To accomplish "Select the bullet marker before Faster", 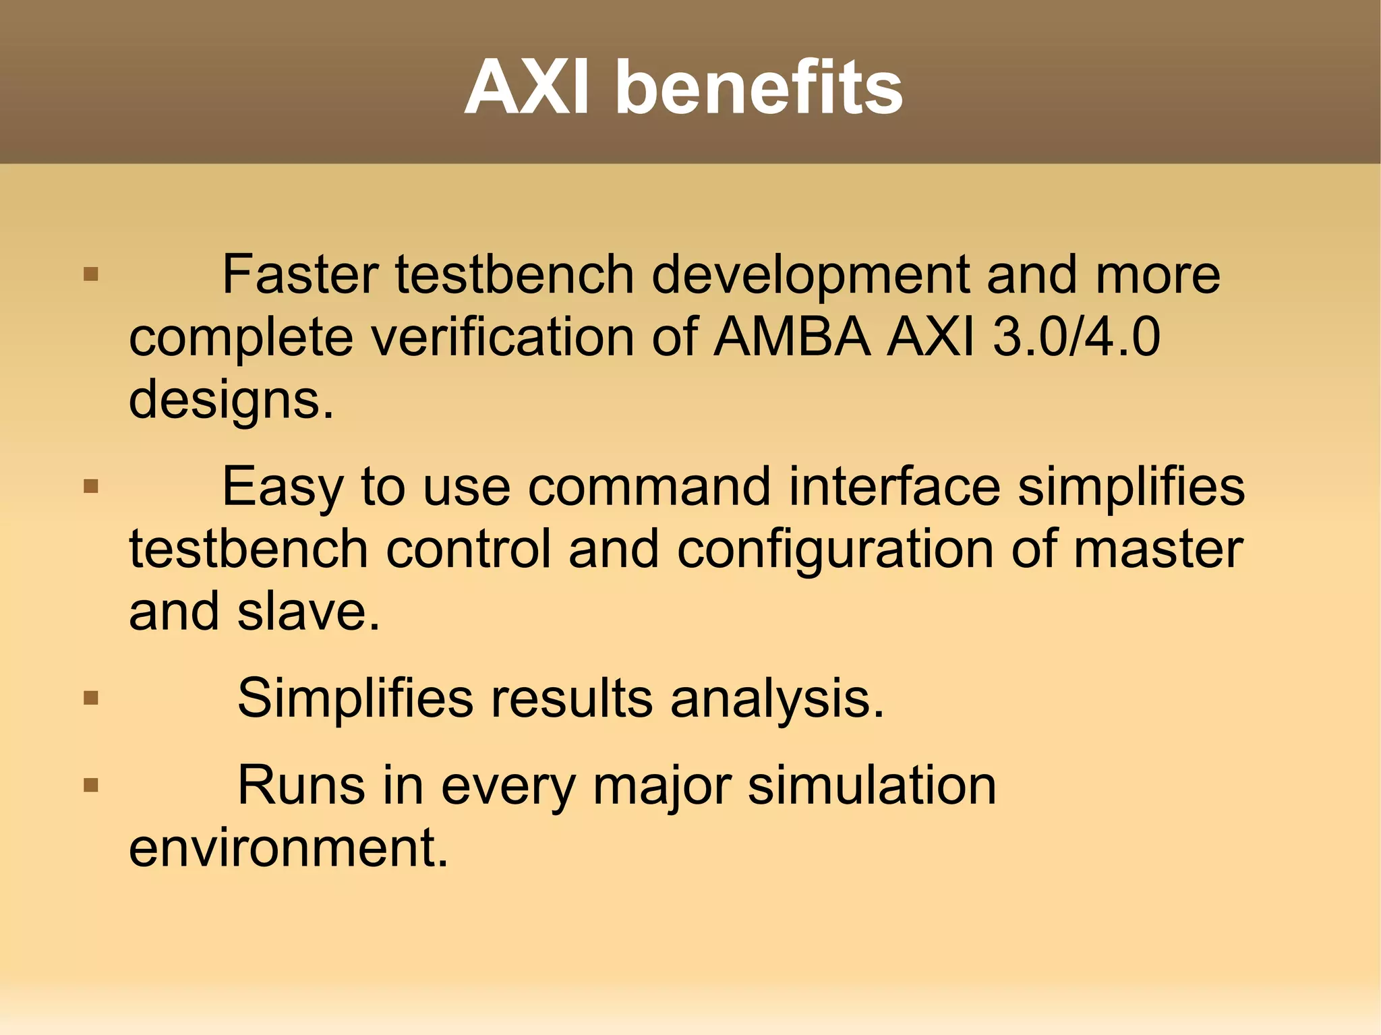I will pos(91,274).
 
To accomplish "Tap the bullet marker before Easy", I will pos(91,486).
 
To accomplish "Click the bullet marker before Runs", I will pos(91,785).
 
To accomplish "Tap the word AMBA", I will pos(793,336).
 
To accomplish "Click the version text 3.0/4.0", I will pos(1077,336).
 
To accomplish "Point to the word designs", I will pos(231,400).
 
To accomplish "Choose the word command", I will pos(649,487).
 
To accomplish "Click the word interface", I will pos(894,487).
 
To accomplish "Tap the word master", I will pos(1158,549).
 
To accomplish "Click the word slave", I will pos(307,612).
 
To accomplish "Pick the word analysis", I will pos(776,699).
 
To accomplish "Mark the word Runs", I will pos(301,786).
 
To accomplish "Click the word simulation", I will pos(872,786).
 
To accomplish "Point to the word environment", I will pos(288,848).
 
